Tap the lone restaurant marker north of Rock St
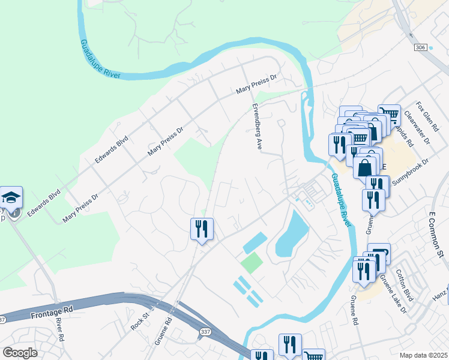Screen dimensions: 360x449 click(202, 229)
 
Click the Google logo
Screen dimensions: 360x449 click(20, 353)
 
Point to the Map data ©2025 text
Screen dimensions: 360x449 click(423, 355)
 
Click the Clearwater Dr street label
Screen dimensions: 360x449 click(418, 128)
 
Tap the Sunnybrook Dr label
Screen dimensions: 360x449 click(412, 170)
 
